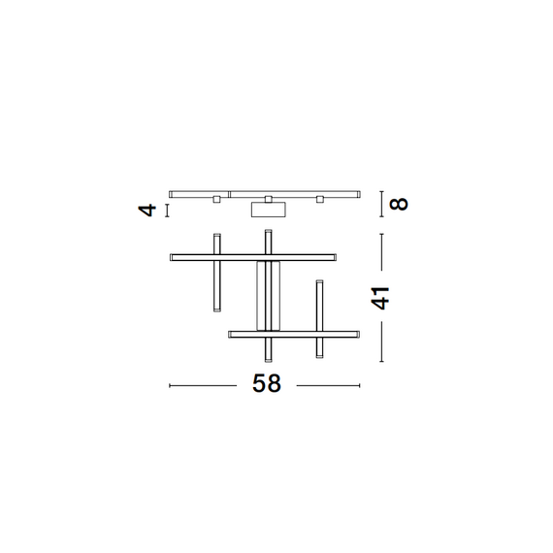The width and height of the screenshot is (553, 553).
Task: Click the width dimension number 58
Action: click(x=267, y=384)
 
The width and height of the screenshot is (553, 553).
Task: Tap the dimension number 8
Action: click(x=399, y=204)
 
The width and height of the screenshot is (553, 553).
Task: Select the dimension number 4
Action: click(x=147, y=209)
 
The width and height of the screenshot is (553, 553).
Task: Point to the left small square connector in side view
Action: click(x=216, y=199)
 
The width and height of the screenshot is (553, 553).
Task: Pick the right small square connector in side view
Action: click(x=318, y=199)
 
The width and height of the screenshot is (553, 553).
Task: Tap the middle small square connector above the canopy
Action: click(x=268, y=199)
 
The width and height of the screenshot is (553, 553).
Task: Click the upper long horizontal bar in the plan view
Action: click(x=253, y=257)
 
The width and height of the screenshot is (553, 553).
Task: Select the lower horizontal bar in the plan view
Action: click(x=294, y=334)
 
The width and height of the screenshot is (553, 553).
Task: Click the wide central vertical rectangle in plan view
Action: click(x=268, y=295)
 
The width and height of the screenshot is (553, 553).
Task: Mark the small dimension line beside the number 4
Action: click(x=168, y=209)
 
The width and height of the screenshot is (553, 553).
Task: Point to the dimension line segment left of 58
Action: click(x=204, y=385)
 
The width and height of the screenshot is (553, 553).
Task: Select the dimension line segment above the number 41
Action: click(x=380, y=251)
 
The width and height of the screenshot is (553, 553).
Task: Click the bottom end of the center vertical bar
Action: click(x=268, y=357)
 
